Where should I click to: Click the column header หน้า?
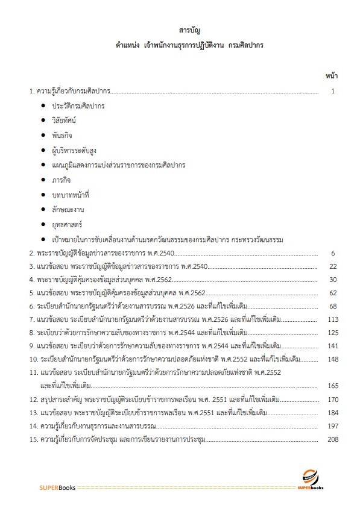point(331,76)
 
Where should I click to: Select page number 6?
point(332,253)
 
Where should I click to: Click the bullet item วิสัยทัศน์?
point(68,121)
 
